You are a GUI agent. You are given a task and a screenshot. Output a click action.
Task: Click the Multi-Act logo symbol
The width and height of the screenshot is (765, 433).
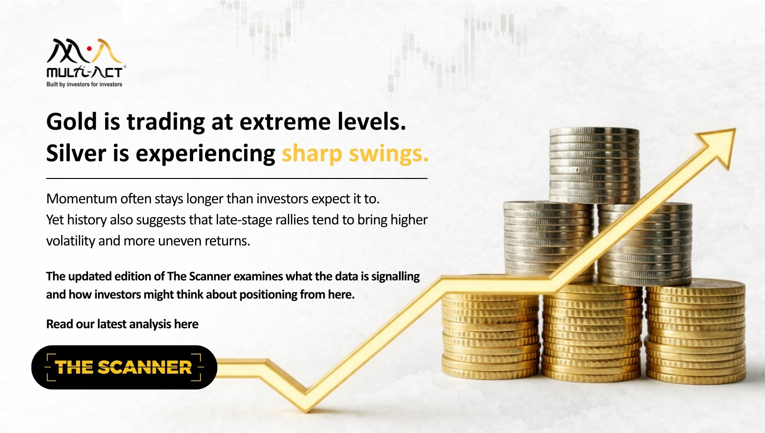tap(84, 51)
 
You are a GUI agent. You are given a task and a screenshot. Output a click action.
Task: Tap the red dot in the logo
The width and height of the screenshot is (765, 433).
tap(89, 49)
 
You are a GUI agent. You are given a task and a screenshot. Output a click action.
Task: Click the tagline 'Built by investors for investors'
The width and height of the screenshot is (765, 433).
tap(84, 84)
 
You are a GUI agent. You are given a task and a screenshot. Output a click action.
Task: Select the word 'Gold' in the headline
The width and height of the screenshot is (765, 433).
tap(72, 122)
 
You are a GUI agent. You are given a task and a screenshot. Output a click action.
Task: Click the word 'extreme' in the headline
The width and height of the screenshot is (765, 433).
tap(285, 122)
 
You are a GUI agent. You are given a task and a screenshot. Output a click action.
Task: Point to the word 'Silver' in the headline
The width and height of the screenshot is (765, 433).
tap(76, 153)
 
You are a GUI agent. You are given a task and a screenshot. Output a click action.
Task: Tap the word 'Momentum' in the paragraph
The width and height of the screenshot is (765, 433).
tap(82, 199)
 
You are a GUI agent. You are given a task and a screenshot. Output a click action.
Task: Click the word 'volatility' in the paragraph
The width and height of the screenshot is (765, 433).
tap(71, 241)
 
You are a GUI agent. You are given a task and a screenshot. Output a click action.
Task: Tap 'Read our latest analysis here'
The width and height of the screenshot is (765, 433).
tap(122, 324)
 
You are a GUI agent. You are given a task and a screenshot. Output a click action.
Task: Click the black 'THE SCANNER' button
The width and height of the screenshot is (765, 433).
tap(124, 367)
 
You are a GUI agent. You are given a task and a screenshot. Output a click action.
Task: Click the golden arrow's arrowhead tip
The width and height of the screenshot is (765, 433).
tap(735, 129)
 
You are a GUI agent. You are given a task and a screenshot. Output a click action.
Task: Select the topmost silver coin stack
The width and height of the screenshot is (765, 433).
tap(594, 166)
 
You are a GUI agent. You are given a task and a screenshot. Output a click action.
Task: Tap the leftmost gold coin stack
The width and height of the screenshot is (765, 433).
tap(491, 335)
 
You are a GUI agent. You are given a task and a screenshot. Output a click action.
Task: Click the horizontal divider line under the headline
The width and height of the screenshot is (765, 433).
tap(237, 178)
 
